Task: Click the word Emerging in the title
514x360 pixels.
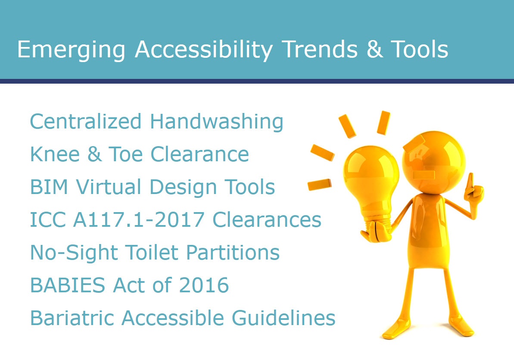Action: tap(71, 50)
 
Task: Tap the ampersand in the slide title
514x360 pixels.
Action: tap(375, 49)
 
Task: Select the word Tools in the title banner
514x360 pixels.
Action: tap(420, 49)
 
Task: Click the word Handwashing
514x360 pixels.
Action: tap(217, 122)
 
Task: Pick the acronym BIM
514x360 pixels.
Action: tap(49, 187)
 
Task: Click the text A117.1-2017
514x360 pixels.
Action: tap(139, 219)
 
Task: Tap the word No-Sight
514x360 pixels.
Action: tap(74, 253)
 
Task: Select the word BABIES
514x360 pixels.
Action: tap(68, 285)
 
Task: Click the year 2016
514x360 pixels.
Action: tap(203, 285)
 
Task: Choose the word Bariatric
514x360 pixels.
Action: tap(72, 318)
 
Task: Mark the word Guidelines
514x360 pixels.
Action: tap(283, 318)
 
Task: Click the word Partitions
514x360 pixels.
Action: tap(233, 252)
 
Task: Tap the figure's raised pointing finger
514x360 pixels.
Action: tap(470, 182)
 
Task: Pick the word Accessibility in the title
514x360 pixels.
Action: tap(203, 50)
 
